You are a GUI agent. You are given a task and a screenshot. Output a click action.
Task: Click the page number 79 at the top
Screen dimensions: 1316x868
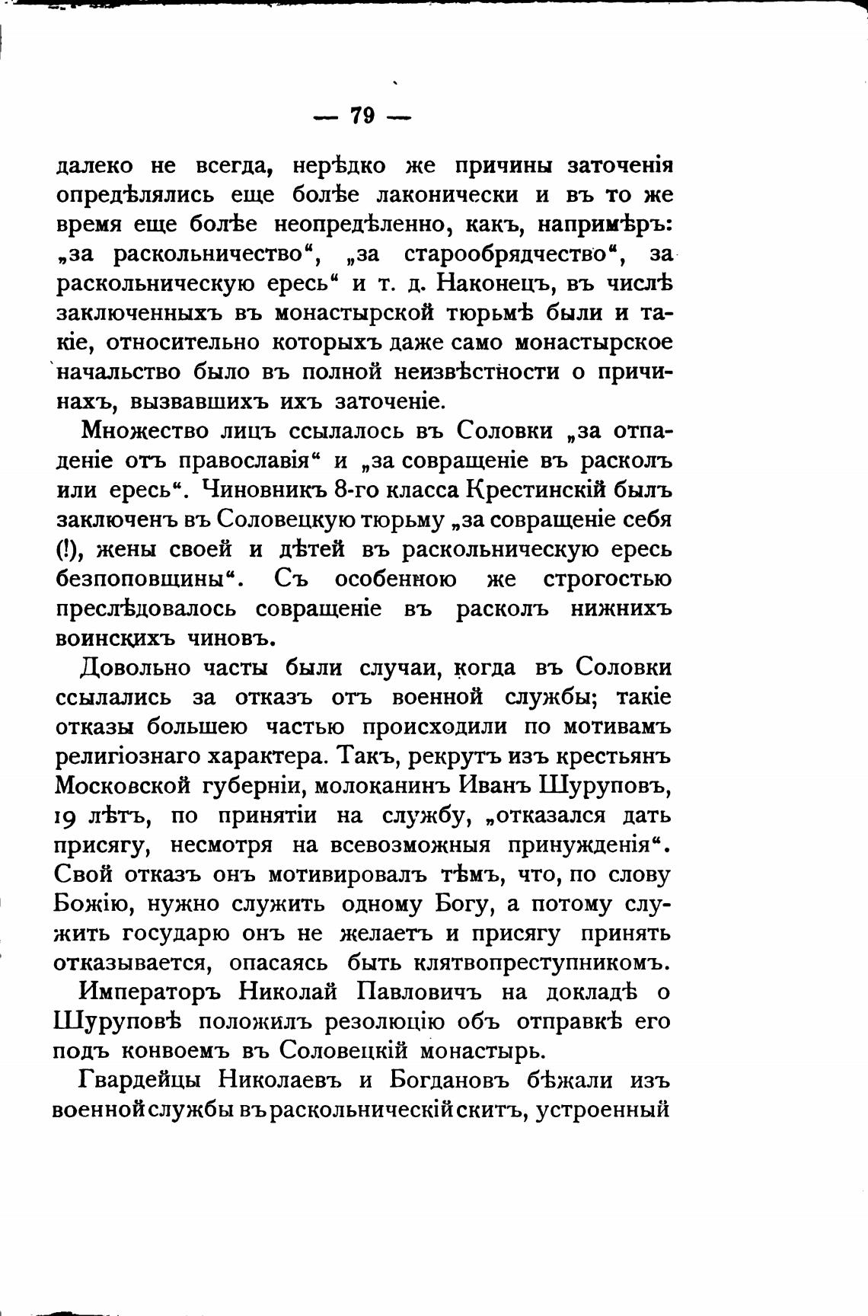click(x=362, y=116)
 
